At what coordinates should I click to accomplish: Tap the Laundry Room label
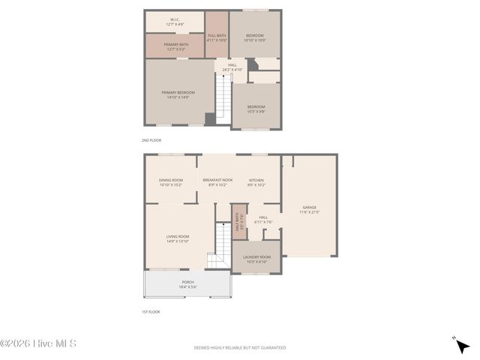pos(256,259)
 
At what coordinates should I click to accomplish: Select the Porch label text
pos(187,284)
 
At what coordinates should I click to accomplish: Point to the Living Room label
pos(178,238)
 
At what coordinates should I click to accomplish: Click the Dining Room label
pos(171,181)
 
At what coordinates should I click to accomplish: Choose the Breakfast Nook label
pos(217,181)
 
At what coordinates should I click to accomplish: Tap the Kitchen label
pos(256,181)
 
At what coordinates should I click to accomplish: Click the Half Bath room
pos(239,222)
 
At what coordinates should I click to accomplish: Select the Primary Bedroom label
pos(178,94)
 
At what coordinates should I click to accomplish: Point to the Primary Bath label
pos(176,47)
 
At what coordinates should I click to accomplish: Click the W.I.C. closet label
pos(175,22)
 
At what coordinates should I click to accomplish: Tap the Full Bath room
pos(217,37)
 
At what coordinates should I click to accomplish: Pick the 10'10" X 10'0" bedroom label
pos(256,37)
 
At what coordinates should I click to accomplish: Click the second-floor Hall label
pos(232,67)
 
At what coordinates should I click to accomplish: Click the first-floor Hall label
pos(263,219)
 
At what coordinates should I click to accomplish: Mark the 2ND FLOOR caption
pos(151,140)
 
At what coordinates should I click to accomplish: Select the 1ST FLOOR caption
pos(151,312)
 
